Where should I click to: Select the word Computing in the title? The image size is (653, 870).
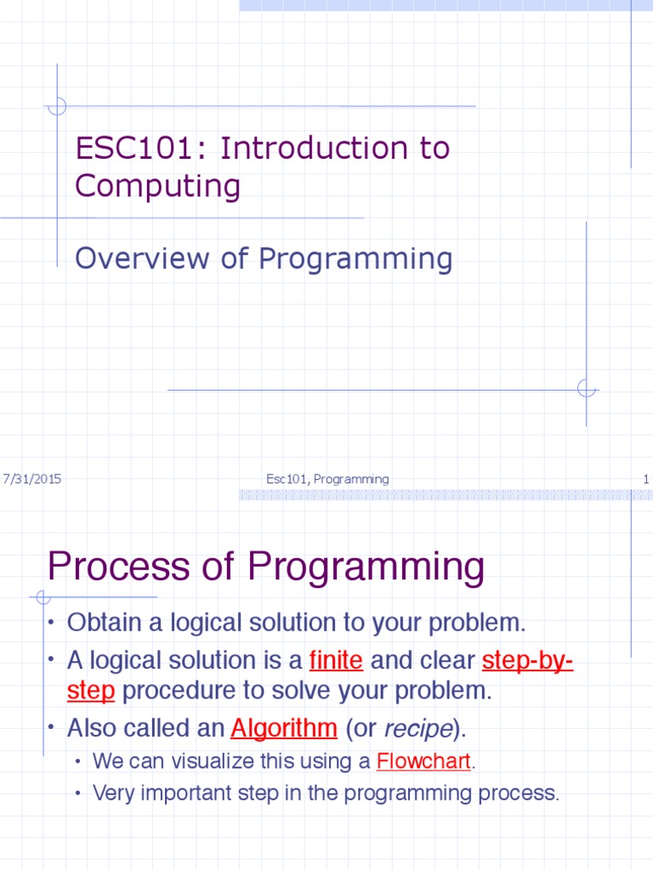tap(157, 186)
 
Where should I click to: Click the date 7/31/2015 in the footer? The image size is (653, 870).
tap(32, 479)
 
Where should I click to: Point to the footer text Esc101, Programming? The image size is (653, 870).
tap(327, 479)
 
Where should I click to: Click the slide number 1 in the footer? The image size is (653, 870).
tap(646, 479)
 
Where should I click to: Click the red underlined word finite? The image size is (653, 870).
tap(337, 660)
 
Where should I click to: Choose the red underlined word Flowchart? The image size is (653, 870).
tap(423, 761)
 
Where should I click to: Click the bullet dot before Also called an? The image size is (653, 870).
tap(51, 728)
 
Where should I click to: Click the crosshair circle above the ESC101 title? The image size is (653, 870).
tap(57, 106)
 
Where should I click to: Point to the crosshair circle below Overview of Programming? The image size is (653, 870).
tap(586, 389)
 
